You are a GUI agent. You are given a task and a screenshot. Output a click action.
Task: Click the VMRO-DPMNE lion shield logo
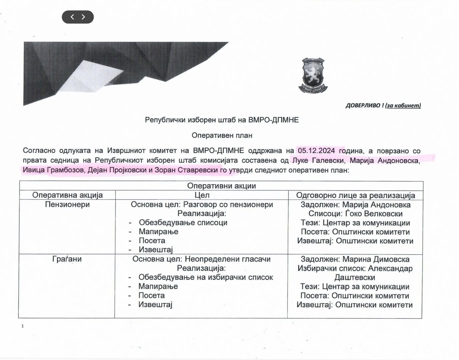click(x=313, y=76)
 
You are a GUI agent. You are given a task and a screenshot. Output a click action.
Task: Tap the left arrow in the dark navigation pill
click(x=72, y=17)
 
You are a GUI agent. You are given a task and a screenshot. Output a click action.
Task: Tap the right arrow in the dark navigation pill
click(x=83, y=17)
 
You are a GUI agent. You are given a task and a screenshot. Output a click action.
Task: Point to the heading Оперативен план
click(x=221, y=135)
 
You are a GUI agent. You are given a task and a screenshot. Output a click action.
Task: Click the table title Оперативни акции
click(x=221, y=186)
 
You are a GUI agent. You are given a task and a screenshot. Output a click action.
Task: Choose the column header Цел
click(x=202, y=195)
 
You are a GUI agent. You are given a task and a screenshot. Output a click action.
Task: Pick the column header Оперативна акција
click(x=67, y=195)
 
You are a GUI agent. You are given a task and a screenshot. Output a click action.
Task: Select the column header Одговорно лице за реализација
click(x=355, y=195)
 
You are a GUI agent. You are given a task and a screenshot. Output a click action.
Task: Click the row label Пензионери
click(x=67, y=204)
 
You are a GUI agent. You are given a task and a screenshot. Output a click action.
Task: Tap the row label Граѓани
click(x=67, y=259)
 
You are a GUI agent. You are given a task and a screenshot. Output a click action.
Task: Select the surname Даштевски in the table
click(x=355, y=277)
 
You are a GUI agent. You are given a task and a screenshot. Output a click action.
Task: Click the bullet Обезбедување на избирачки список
click(x=205, y=277)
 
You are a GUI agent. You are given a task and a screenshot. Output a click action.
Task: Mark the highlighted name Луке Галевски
click(x=318, y=160)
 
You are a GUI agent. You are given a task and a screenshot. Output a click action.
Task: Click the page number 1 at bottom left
click(x=23, y=326)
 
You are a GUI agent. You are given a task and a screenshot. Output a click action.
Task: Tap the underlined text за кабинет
click(x=403, y=106)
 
